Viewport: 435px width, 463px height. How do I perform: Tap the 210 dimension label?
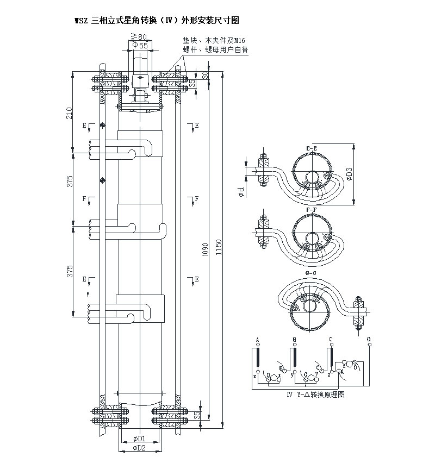69,113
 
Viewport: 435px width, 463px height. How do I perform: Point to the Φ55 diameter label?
140,46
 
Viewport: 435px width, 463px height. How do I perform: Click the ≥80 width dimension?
140,36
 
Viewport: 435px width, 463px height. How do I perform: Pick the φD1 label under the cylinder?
140,439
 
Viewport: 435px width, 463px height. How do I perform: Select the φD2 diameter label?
140,448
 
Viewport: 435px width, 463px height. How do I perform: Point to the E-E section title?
312,147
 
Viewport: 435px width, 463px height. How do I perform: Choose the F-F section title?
312,209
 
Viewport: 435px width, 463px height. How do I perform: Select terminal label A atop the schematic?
257,339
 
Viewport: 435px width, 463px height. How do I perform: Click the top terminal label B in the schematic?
294,339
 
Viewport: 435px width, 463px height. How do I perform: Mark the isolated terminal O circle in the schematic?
369,346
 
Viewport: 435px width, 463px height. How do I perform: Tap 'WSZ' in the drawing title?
81,21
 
